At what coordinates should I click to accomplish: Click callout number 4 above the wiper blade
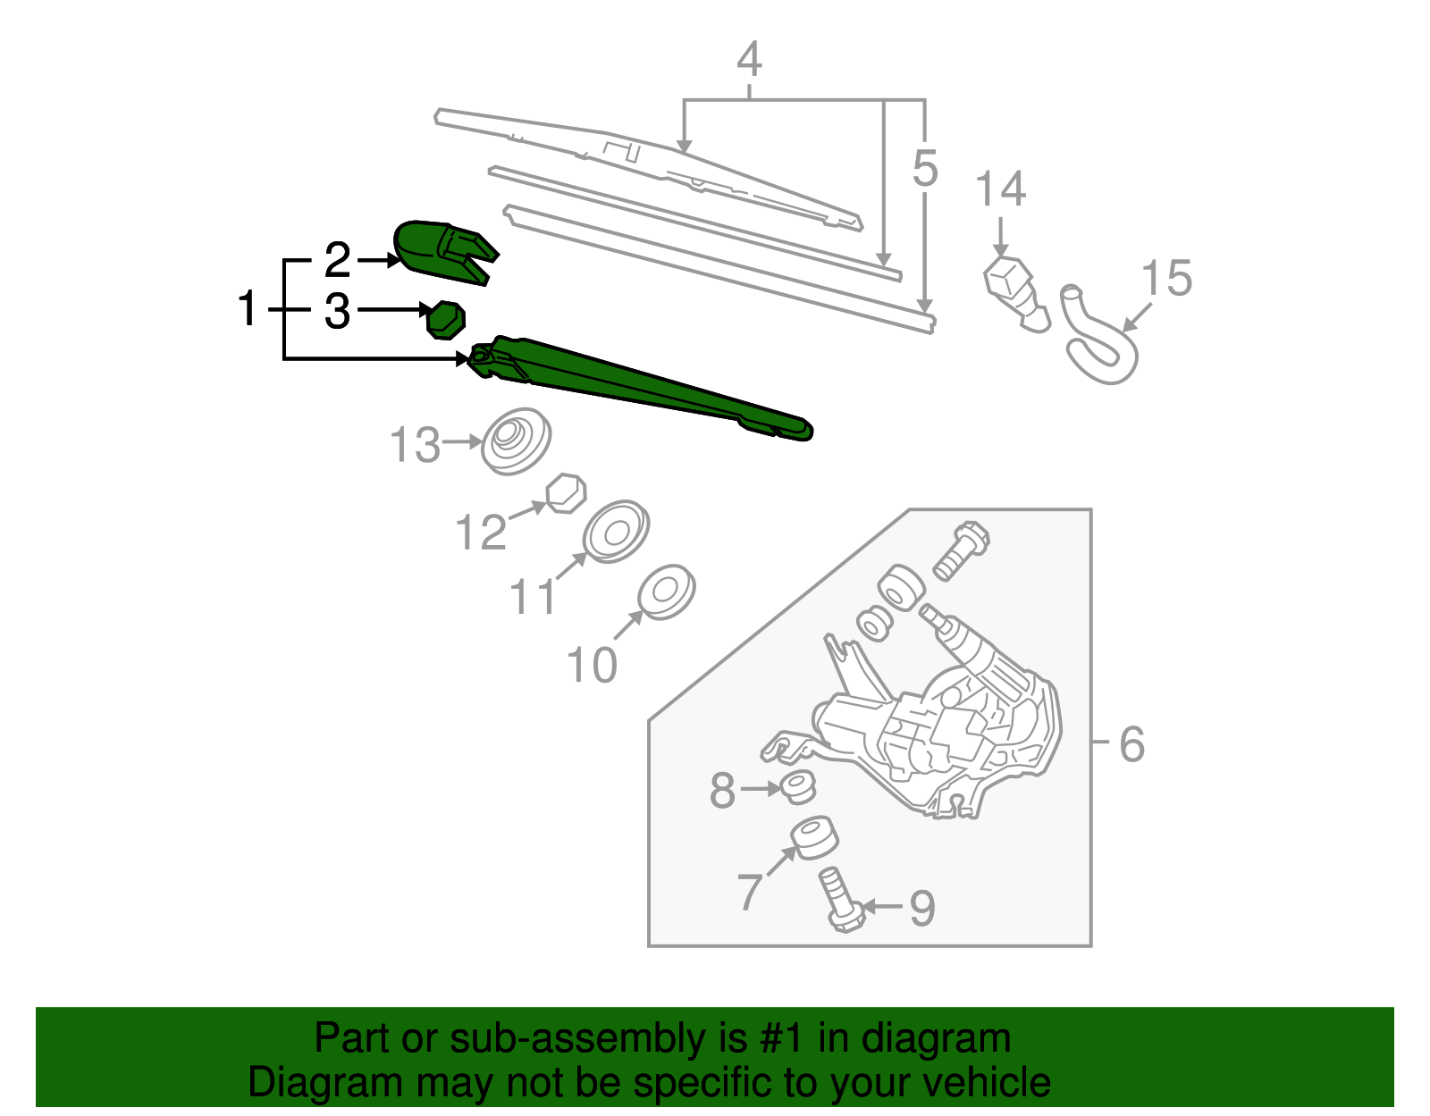[x=749, y=60]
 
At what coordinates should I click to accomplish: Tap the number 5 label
[x=925, y=168]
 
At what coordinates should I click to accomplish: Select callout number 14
[x=1000, y=190]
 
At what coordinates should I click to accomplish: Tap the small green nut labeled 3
[x=446, y=320]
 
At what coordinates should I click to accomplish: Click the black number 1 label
[x=248, y=309]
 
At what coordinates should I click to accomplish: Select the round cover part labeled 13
[x=516, y=441]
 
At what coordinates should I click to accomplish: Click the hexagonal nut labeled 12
[x=567, y=493]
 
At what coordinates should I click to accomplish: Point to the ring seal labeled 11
[x=615, y=532]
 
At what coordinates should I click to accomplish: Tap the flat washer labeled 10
[x=666, y=592]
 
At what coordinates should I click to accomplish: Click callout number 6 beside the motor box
[x=1131, y=744]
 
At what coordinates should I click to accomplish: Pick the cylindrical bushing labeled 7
[x=814, y=837]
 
